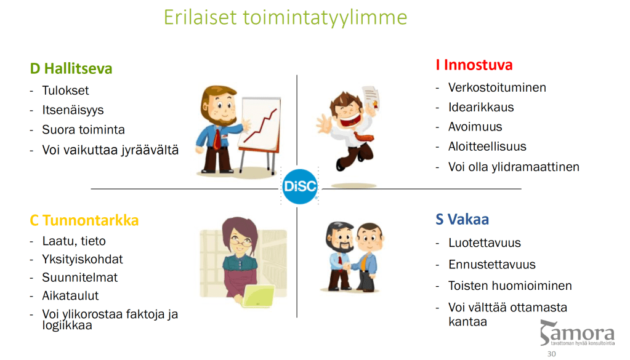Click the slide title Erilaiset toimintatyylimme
point(285,18)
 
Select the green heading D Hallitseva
point(71,69)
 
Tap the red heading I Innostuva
point(474,65)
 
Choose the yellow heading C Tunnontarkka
point(84,220)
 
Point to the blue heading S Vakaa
point(462,220)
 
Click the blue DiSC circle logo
point(300,186)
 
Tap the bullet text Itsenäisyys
point(73,110)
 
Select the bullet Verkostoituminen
point(497,87)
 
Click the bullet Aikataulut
point(70,296)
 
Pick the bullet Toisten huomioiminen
point(510,286)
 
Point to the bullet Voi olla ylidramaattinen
point(514,167)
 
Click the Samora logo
point(577,333)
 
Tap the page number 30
point(551,354)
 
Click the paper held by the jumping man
point(371,98)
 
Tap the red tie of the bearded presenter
point(217,139)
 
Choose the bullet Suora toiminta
point(83,130)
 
